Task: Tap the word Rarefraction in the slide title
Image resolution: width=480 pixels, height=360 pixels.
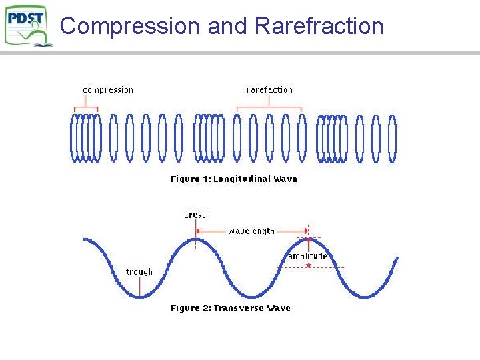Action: tap(319, 26)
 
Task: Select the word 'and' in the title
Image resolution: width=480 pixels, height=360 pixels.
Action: tap(227, 26)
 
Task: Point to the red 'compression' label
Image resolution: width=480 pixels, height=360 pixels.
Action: tap(108, 90)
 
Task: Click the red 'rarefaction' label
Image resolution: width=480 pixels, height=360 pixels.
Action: tap(269, 90)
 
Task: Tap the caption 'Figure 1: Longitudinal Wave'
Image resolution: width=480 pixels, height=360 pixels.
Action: tap(234, 179)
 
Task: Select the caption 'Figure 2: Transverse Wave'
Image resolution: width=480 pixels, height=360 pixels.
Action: tap(231, 309)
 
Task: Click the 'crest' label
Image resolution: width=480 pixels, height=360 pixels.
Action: tap(195, 215)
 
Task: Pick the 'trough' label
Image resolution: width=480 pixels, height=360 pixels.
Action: tap(139, 272)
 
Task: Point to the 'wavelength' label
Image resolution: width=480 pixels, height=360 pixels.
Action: tap(251, 231)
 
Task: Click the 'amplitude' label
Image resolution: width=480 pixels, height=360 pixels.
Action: tap(307, 257)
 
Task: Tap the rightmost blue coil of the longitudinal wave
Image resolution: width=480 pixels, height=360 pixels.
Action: tap(393, 139)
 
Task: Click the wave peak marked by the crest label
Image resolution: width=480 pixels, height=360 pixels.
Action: tap(195, 239)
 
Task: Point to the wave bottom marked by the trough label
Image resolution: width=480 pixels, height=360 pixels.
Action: tap(139, 297)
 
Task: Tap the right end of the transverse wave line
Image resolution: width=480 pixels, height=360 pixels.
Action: tap(397, 258)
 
